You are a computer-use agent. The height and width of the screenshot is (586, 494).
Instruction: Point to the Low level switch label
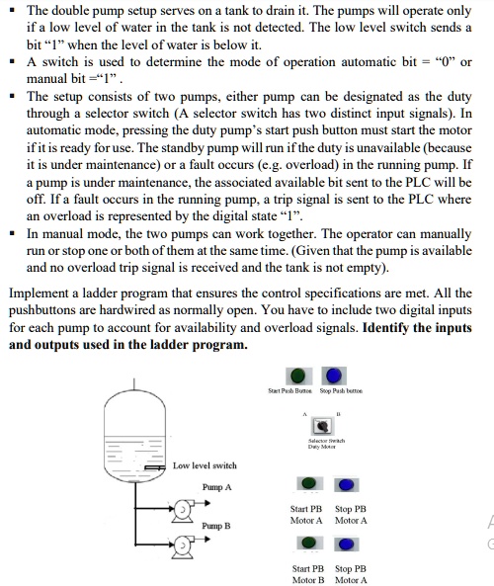click(205, 464)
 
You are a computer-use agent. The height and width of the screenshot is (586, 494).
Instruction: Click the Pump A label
click(216, 487)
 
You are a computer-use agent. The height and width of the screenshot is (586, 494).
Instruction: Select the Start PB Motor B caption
click(308, 574)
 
